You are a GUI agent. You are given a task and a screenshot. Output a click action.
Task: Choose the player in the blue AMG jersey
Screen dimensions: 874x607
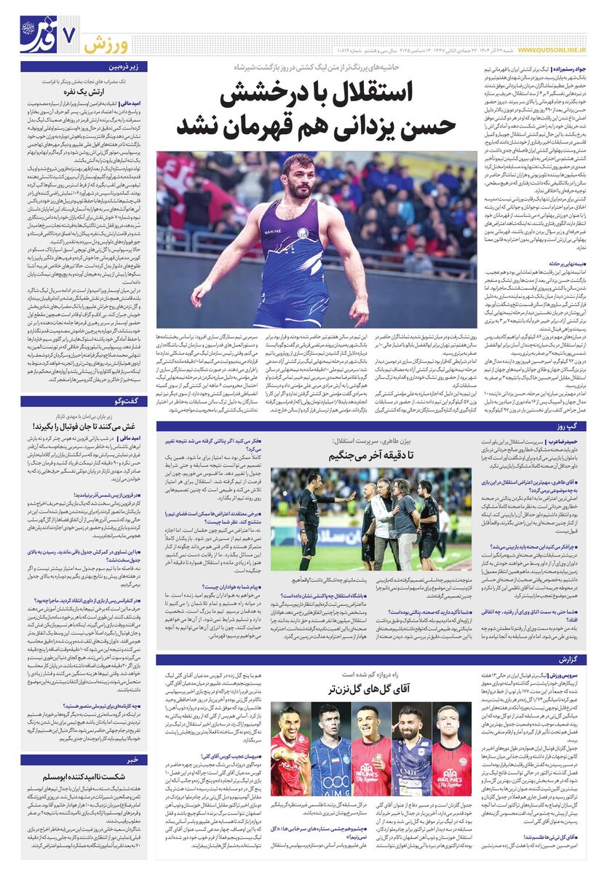(330, 750)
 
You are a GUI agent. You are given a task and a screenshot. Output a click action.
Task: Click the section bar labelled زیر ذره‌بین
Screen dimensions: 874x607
(127, 66)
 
